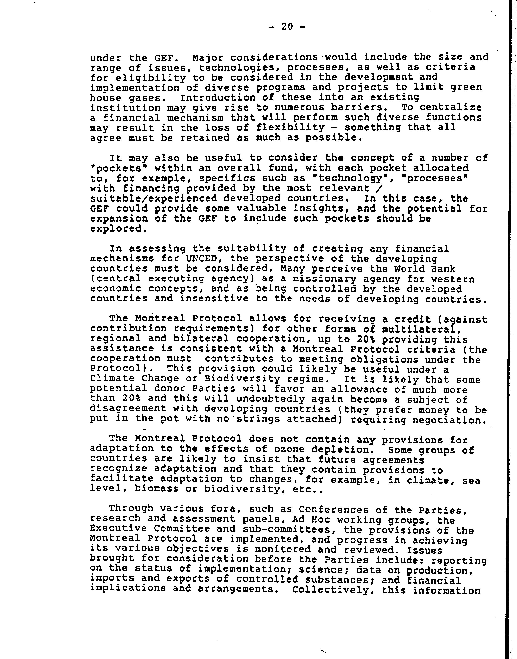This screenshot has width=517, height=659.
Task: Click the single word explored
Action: (x=116, y=229)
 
